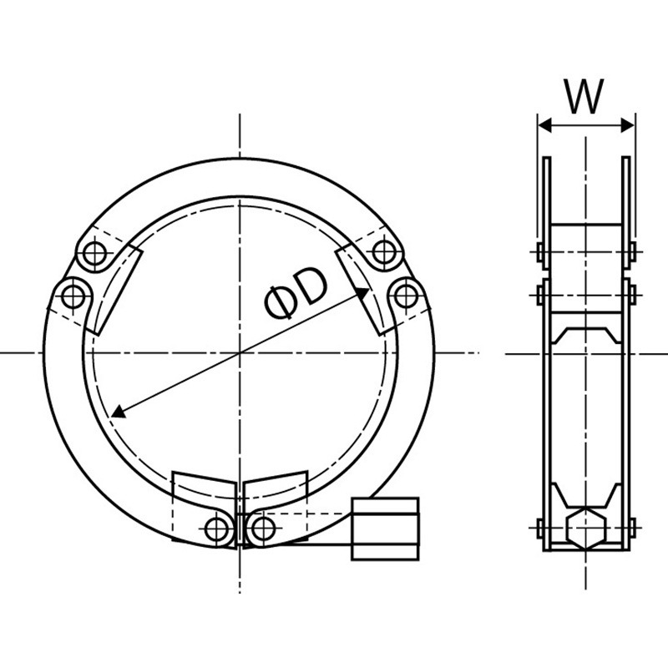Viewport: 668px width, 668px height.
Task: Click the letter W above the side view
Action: [584, 96]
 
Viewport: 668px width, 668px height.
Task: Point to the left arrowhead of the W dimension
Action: [545, 125]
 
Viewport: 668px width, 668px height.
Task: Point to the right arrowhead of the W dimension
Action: [627, 125]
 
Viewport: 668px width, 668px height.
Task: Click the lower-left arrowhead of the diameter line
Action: [119, 412]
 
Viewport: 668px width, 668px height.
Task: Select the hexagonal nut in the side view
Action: [586, 528]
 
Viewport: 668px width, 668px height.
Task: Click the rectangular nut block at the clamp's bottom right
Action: [386, 529]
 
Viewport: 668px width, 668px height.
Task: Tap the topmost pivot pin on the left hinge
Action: [94, 254]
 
